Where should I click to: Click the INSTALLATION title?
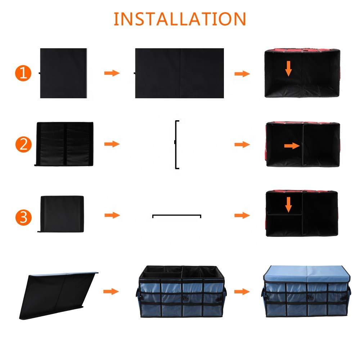click(180, 19)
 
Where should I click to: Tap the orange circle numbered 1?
click(23, 73)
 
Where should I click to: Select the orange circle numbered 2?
click(23, 145)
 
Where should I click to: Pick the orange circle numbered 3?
click(23, 217)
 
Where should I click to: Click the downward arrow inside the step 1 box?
click(289, 68)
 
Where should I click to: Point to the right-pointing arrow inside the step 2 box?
click(292, 146)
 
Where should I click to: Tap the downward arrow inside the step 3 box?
click(289, 204)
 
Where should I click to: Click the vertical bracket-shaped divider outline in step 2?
click(176, 145)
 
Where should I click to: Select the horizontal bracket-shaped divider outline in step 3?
click(177, 215)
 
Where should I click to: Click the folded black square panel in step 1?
click(63, 73)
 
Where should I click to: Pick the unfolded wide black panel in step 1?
click(179, 73)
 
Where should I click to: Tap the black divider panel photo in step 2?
click(64, 144)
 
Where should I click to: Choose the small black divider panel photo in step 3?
click(61, 214)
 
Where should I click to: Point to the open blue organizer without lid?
click(181, 292)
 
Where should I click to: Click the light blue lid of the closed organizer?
click(306, 274)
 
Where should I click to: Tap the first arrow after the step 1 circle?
click(112, 73)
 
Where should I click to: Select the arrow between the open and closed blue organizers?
click(242, 292)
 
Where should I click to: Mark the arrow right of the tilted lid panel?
click(111, 292)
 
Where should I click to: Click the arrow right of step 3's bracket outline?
click(242, 215)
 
